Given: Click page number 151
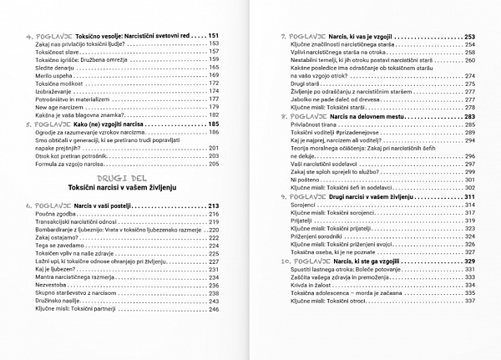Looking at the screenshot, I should coord(213,36).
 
